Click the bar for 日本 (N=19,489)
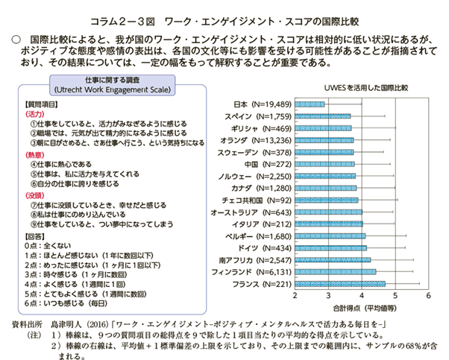(310, 104)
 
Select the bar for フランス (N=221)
(340, 284)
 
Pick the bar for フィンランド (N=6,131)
(336, 272)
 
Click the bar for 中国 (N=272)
(325, 164)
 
